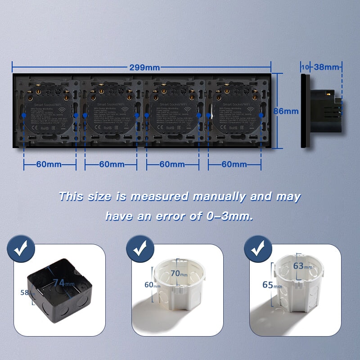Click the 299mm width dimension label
144,67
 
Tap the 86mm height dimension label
286,111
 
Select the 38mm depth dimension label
326,67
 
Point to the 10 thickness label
305,67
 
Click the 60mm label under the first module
49,164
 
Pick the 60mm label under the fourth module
234,164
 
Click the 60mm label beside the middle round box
149,285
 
